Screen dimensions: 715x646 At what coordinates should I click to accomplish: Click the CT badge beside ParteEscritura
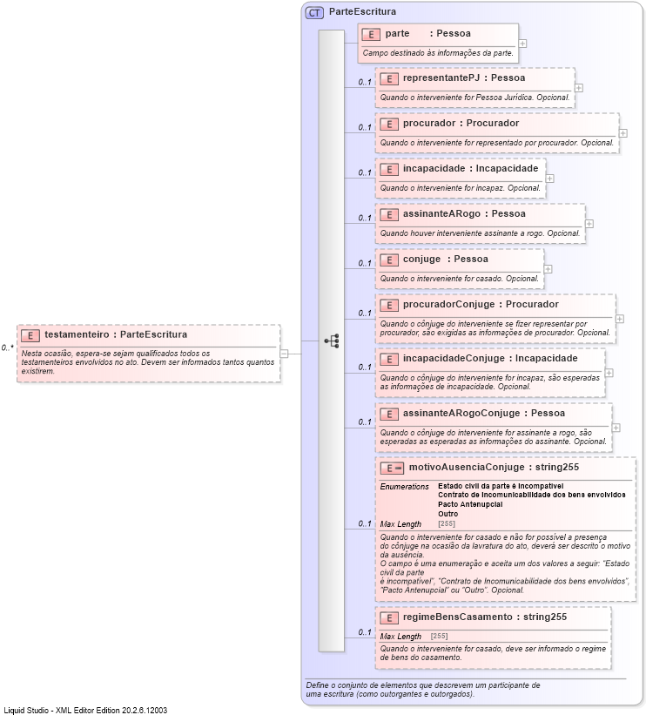(x=314, y=12)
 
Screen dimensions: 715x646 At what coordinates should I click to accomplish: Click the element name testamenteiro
(x=77, y=334)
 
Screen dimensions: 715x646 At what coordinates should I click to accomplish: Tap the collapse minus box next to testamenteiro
(x=285, y=353)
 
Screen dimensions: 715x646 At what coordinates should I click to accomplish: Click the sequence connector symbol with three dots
(x=332, y=341)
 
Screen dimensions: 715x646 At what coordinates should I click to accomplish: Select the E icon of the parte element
(x=371, y=34)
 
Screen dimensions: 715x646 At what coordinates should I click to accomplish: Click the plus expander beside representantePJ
(x=579, y=87)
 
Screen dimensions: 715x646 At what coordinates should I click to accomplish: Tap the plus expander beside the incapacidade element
(x=549, y=178)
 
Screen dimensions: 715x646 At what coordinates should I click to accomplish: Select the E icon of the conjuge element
(x=388, y=260)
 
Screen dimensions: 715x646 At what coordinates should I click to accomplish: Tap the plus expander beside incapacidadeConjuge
(x=609, y=372)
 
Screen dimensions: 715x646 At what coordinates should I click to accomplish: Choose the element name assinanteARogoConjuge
(x=458, y=413)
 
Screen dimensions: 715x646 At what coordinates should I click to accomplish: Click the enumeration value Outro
(x=448, y=514)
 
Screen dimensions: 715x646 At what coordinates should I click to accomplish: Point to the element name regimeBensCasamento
(x=457, y=617)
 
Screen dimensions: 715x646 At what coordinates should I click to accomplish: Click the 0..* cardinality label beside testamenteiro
(x=8, y=347)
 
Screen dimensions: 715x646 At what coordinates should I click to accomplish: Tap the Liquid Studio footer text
(x=85, y=710)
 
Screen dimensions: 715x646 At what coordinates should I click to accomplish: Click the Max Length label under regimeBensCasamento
(x=400, y=637)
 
